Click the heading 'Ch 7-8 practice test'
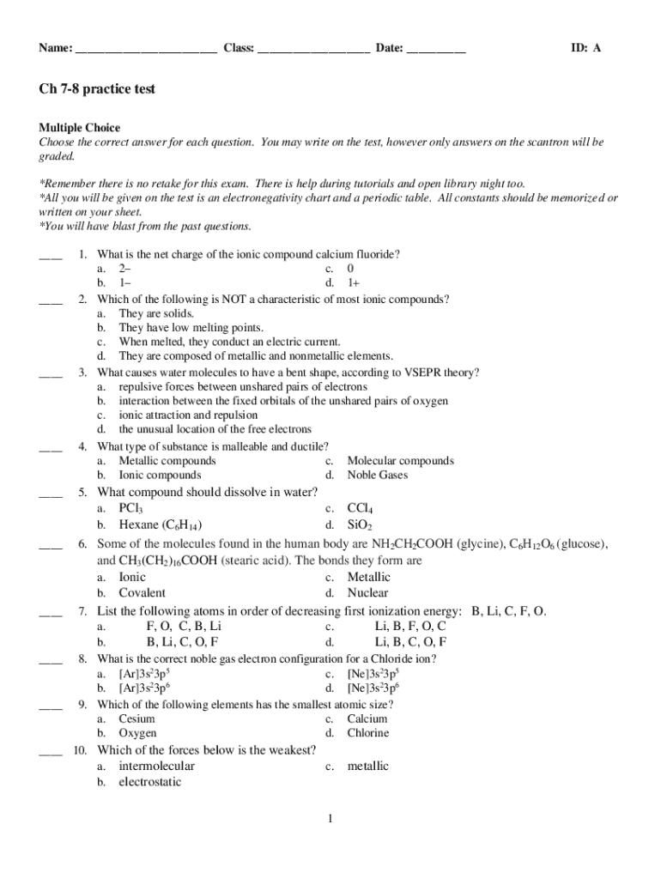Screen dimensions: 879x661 tap(96, 89)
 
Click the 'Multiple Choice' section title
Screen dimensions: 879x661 tap(79, 128)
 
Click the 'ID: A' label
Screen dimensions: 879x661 tap(586, 48)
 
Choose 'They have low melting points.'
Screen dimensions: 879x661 tap(191, 328)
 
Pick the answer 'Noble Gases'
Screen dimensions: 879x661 tap(378, 475)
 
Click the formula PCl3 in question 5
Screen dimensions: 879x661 tap(130, 508)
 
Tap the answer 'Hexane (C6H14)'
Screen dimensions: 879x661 tap(161, 524)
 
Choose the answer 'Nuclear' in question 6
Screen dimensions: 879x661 tap(367, 592)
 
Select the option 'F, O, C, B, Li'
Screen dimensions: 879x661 tap(184, 626)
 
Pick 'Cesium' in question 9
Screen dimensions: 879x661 tap(136, 718)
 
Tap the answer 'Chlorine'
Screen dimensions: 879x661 tap(368, 733)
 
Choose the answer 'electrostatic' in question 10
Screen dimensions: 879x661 tap(150, 782)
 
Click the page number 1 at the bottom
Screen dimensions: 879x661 tap(329, 819)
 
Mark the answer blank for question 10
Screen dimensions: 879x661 tap(51, 753)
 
